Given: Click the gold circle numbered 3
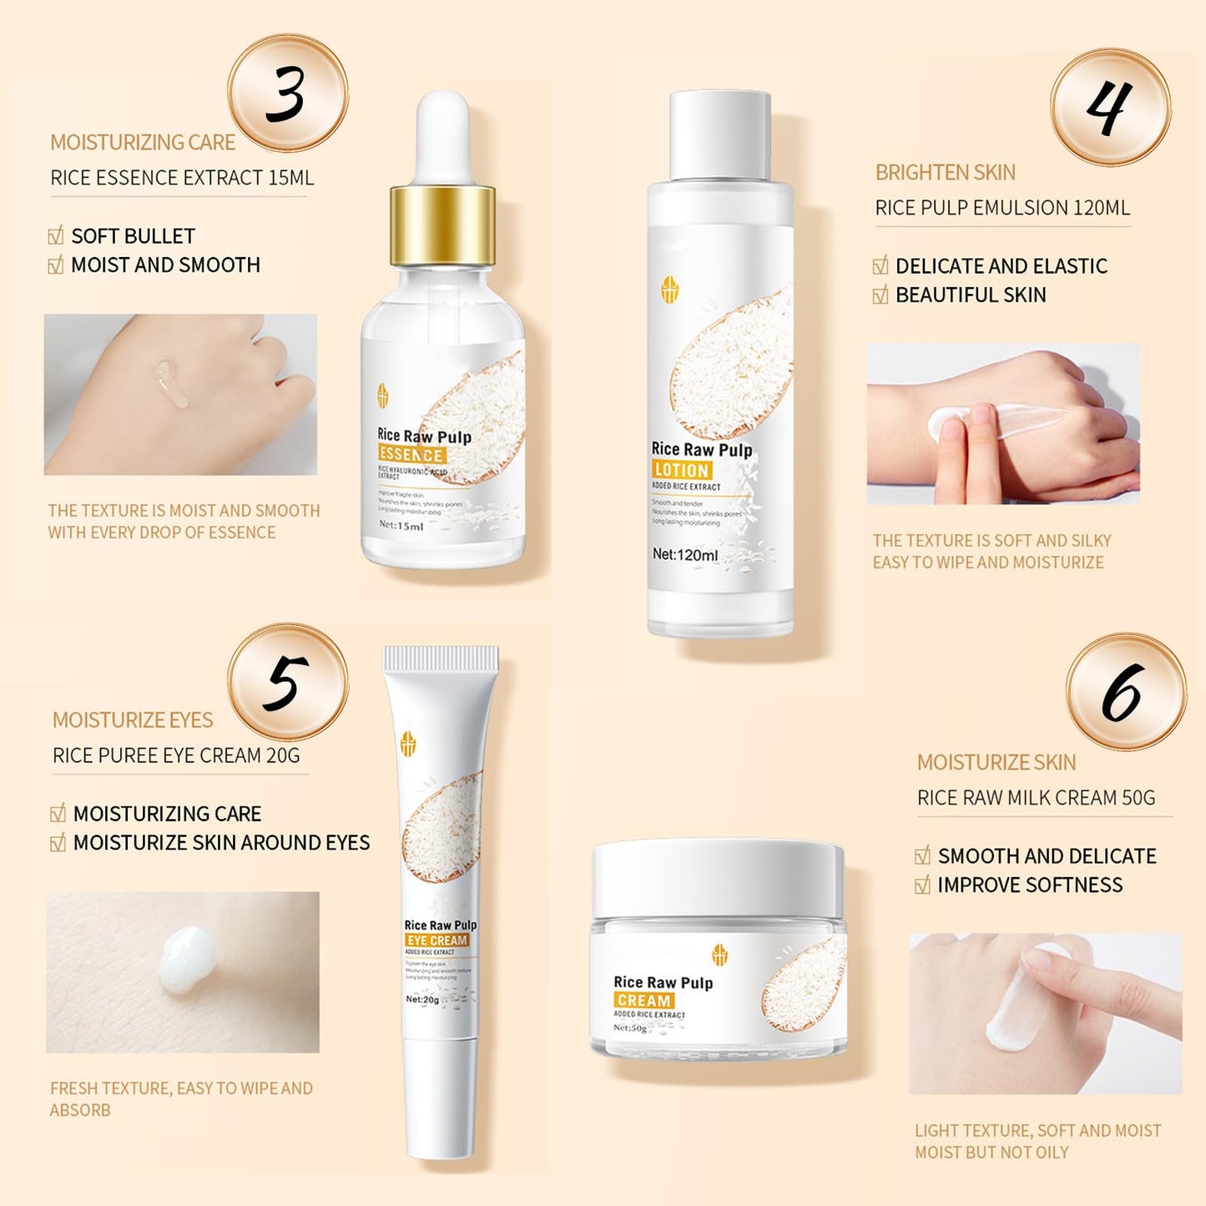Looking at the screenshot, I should click(287, 93).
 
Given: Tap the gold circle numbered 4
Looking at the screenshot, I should click(1110, 107).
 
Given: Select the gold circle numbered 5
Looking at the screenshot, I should click(287, 682).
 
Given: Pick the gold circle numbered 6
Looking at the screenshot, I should click(1125, 692).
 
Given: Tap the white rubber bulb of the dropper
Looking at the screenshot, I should click(442, 134).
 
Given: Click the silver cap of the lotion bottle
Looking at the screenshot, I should click(720, 135).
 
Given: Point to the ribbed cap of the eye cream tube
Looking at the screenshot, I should click(441, 659).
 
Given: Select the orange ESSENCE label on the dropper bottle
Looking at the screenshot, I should click(411, 455).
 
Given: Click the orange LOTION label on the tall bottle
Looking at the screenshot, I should click(681, 470).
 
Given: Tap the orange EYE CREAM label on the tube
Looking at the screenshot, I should click(437, 940).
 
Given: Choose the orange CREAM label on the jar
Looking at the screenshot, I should click(643, 1000).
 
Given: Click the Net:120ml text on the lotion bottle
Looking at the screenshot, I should click(684, 554).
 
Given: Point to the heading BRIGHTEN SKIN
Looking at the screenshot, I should click(945, 173).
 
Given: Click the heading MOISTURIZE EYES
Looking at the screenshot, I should click(133, 720).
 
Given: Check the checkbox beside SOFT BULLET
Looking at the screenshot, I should click(56, 236).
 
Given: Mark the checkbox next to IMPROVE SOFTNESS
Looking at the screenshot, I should click(922, 886).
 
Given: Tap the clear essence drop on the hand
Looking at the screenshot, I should click(172, 383).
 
